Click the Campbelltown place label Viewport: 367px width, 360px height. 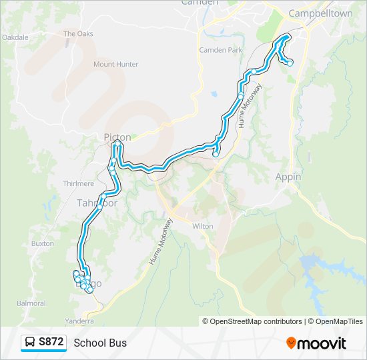point(315,13)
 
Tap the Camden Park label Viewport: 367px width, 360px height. point(220,50)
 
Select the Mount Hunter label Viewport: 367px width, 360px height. point(115,65)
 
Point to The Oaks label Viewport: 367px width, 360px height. point(78,33)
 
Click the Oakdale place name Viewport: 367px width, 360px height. point(15,38)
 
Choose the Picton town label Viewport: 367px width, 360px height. point(117,137)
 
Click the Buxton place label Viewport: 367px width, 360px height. point(43,244)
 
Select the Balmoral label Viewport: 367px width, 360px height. point(31,303)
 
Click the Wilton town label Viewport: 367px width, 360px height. point(202,227)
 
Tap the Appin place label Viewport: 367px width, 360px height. point(288,177)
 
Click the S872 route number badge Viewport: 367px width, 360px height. point(51,342)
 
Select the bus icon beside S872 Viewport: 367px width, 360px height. point(30,342)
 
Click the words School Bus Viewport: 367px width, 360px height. point(100,343)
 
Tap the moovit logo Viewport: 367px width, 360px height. point(316,343)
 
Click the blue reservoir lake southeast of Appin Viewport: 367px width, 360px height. point(314,267)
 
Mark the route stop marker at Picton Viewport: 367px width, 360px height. point(118,144)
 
